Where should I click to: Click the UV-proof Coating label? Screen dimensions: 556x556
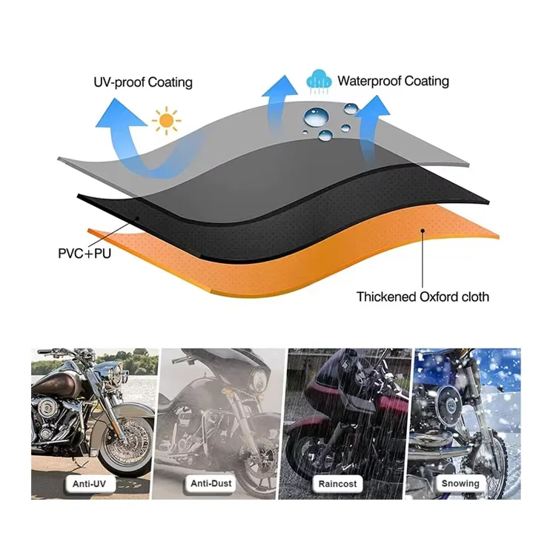click(x=143, y=82)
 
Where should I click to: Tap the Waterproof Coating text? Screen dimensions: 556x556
click(x=393, y=81)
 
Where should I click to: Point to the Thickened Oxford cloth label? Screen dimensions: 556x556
click(x=423, y=297)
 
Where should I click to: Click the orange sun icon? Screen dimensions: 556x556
click(x=166, y=120)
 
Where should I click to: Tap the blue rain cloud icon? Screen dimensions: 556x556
click(x=320, y=81)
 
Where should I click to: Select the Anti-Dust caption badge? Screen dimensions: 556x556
click(x=213, y=483)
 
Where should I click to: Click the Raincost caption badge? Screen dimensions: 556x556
click(x=338, y=483)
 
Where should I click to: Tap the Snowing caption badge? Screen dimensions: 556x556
click(x=460, y=483)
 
